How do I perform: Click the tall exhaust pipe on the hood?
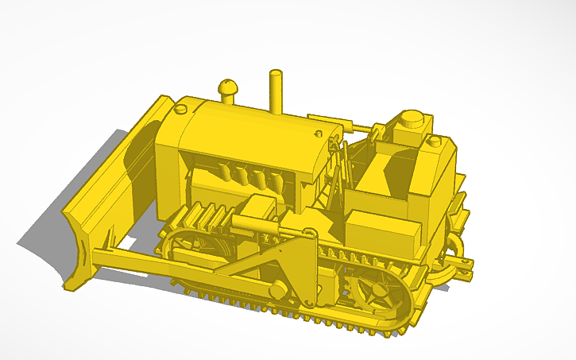click(x=276, y=91)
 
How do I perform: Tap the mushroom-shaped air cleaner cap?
click(x=228, y=89)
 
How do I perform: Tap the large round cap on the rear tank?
click(x=412, y=119)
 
